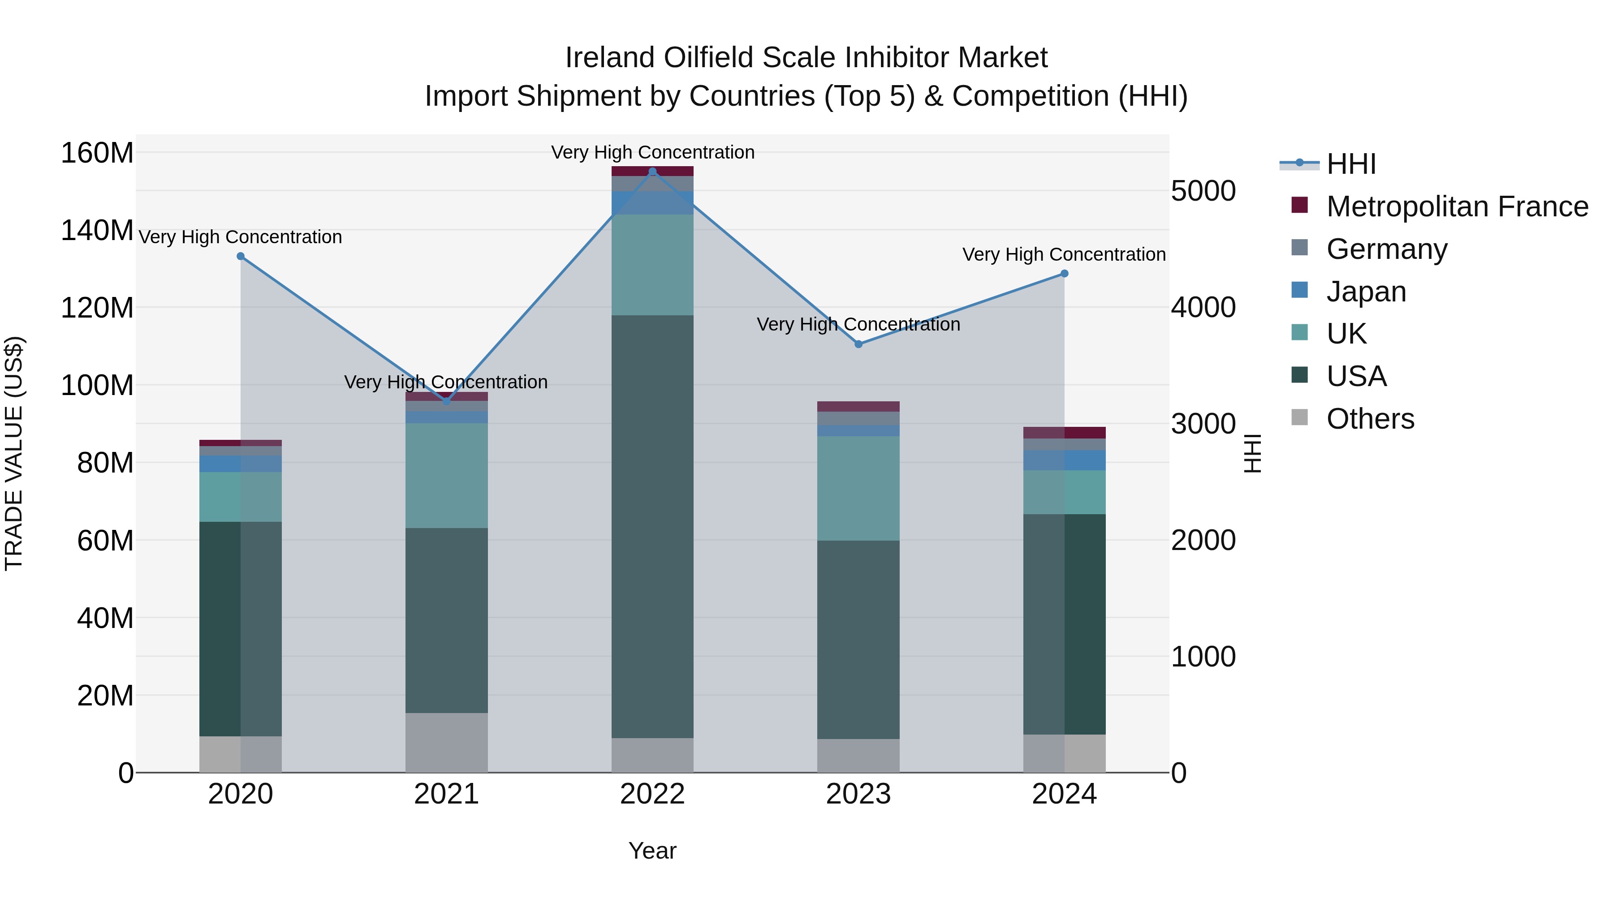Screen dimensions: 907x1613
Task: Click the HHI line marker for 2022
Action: tap(652, 172)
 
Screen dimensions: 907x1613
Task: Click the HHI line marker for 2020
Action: tap(241, 257)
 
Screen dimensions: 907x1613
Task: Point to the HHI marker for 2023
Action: tap(858, 344)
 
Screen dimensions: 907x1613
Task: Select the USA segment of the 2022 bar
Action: tap(652, 526)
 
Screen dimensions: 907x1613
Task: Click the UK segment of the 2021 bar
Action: tap(446, 476)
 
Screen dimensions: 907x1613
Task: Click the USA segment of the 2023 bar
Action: tap(858, 638)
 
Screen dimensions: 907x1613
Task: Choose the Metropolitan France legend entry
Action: tap(1457, 206)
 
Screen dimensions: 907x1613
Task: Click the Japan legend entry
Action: tap(1366, 292)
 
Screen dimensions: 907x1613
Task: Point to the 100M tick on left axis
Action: tap(97, 385)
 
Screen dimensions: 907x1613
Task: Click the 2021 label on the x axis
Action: tap(446, 794)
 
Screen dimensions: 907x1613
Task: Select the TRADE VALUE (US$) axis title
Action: tap(14, 453)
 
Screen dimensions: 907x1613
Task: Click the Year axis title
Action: tap(652, 851)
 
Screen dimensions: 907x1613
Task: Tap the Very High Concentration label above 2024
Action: tap(1064, 255)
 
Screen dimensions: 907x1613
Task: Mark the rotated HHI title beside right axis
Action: tap(1252, 453)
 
